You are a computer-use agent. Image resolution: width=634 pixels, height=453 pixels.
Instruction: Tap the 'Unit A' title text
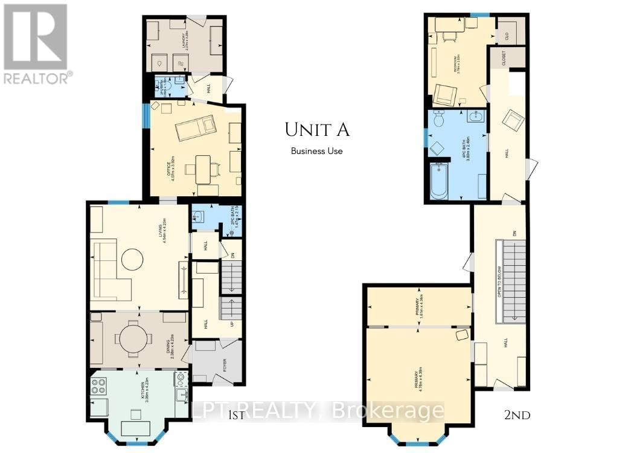317,129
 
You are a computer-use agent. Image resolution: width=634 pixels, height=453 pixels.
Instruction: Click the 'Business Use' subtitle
316,151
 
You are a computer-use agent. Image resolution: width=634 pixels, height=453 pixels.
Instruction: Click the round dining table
132,339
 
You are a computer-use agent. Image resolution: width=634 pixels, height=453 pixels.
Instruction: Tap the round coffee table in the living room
132,260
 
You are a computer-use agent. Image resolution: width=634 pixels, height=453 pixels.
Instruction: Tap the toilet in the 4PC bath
439,118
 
